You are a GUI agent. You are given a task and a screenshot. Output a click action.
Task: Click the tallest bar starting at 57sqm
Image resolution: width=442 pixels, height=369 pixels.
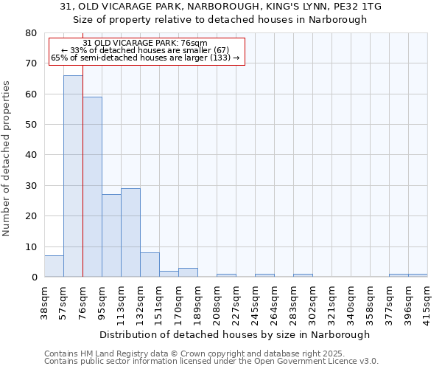coord(73,176)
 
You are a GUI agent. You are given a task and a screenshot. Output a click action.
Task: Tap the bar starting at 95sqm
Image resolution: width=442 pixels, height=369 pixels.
coord(111,235)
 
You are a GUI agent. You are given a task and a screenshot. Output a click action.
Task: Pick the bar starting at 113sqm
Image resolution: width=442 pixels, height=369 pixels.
coord(130,232)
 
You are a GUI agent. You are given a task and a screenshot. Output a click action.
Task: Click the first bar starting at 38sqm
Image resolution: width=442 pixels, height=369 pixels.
coord(54,266)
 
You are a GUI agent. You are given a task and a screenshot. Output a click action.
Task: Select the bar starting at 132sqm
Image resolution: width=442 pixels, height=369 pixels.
coord(150,265)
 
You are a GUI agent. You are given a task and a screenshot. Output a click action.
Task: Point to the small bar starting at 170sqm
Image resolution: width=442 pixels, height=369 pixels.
coord(188,272)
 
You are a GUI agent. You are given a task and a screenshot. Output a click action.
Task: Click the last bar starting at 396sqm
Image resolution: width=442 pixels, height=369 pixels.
coord(418,275)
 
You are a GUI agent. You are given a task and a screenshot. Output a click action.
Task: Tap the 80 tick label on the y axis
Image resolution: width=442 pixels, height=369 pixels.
coord(31,33)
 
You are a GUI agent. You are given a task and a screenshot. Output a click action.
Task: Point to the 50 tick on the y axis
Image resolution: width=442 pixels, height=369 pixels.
coord(31,125)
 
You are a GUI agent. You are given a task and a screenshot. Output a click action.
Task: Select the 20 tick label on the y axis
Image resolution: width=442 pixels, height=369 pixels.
coord(31,216)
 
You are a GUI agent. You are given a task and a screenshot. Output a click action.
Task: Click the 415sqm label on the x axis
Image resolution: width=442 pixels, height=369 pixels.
coord(427,301)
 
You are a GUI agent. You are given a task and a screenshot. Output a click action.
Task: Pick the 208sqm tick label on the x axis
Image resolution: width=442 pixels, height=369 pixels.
coord(217,301)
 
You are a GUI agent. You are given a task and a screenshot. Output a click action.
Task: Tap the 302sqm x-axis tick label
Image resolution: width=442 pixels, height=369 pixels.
coord(312,301)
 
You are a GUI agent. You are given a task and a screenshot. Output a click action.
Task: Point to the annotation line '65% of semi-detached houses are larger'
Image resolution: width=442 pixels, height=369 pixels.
coord(145,58)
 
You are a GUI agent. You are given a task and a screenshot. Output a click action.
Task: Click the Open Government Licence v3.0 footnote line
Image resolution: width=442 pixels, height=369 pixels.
coord(211,361)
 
